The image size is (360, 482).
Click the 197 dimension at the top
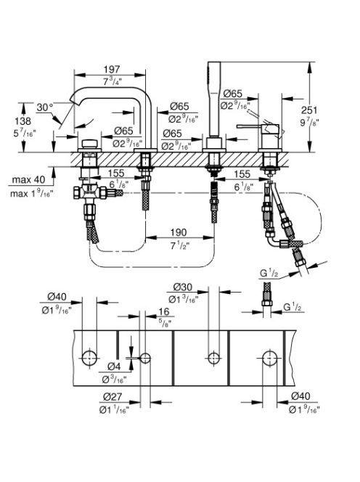pyautogui.click(x=112, y=69)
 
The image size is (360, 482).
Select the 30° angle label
pyautogui.click(x=45, y=107)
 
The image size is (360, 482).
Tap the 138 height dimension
pyautogui.click(x=23, y=120)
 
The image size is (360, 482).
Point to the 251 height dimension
pyautogui.click(x=309, y=110)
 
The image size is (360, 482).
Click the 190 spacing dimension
pyautogui.click(x=179, y=232)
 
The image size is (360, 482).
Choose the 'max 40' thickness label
pyautogui.click(x=28, y=179)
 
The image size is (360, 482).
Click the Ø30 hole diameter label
pyautogui.click(x=183, y=287)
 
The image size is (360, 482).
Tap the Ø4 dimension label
pyautogui.click(x=114, y=367)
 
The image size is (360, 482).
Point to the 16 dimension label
pyautogui.click(x=163, y=311)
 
